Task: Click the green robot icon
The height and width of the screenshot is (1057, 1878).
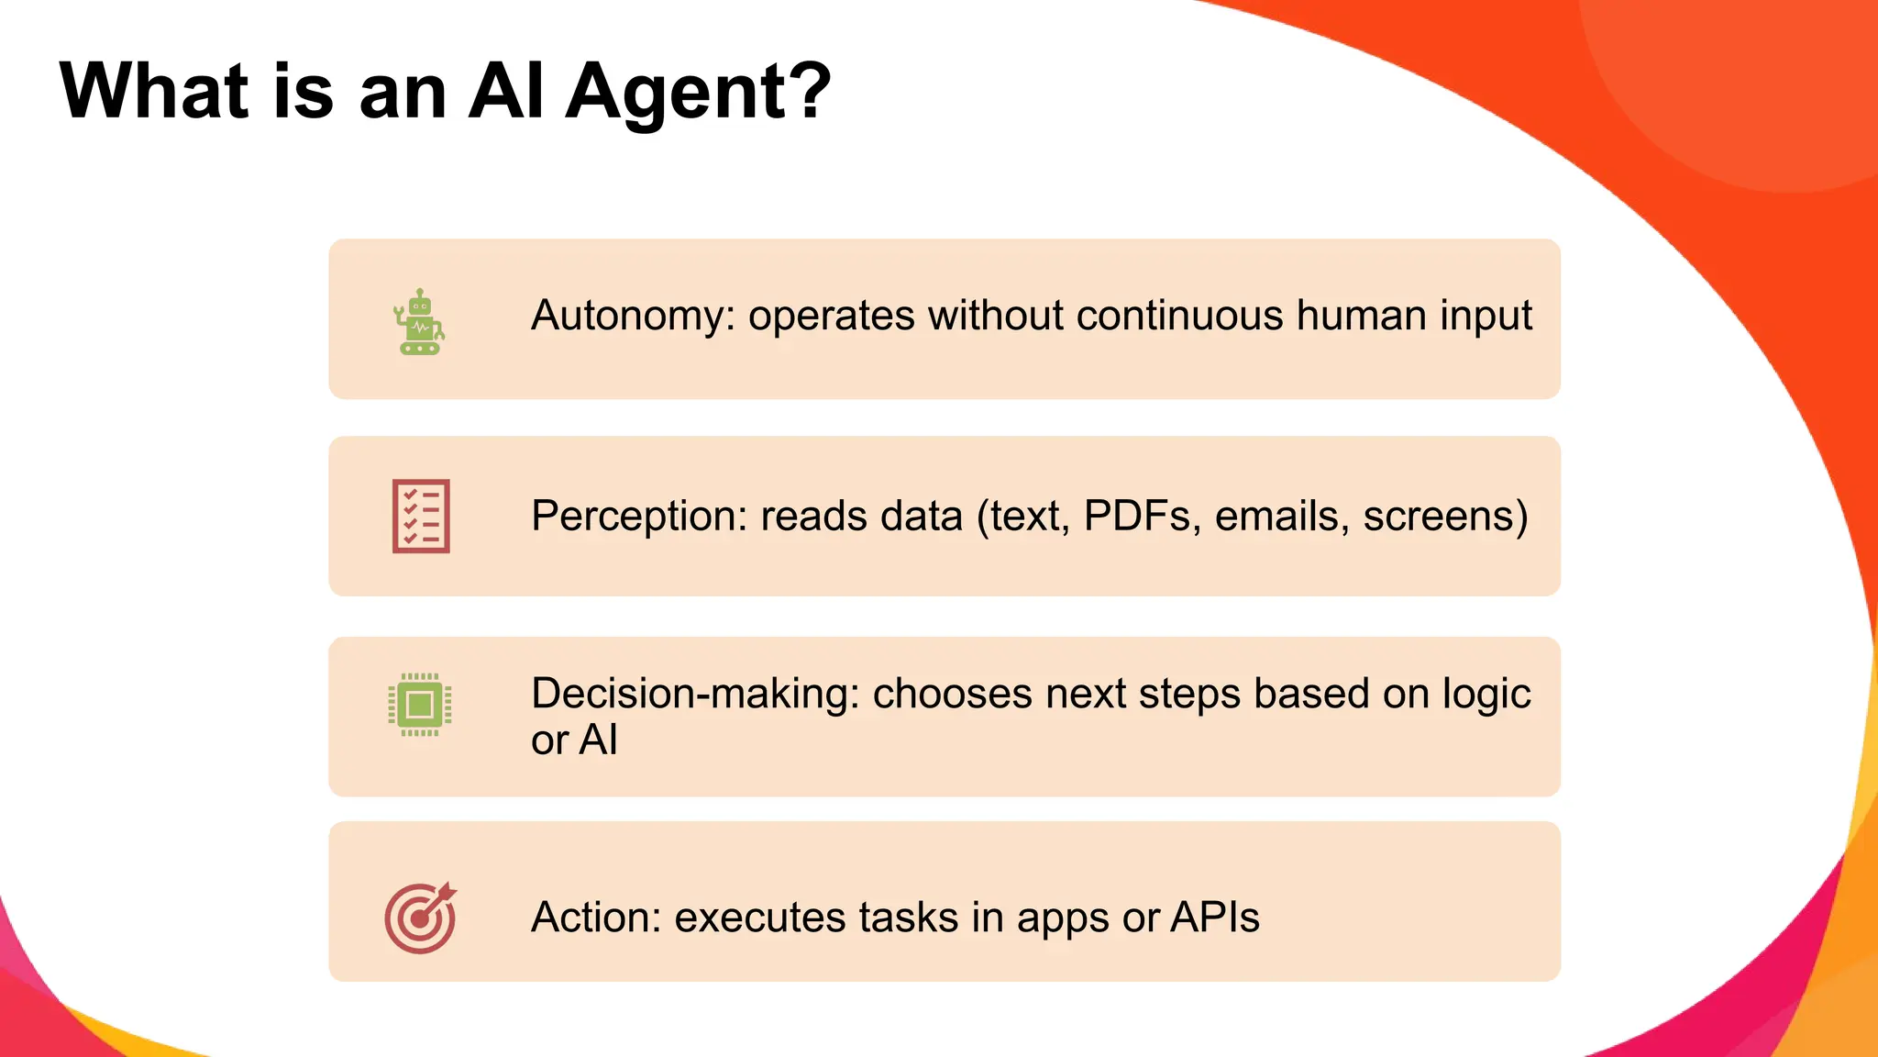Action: coord(420,322)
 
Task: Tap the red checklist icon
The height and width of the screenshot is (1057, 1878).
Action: coord(421,516)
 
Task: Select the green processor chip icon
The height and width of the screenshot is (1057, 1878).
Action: coord(420,705)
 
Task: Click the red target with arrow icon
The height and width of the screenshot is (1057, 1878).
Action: coord(420,918)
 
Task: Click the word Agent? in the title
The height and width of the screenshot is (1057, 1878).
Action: coord(698,92)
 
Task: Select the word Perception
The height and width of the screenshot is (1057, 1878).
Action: coord(639,516)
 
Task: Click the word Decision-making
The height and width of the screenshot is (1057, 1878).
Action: coord(694,694)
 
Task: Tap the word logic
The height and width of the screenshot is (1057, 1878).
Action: coord(1486,695)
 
